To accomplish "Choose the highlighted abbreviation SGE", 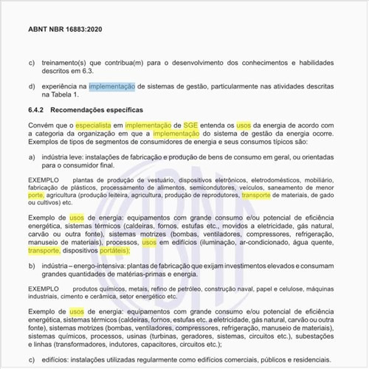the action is pos(191,126).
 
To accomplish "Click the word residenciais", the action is pos(316,359).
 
